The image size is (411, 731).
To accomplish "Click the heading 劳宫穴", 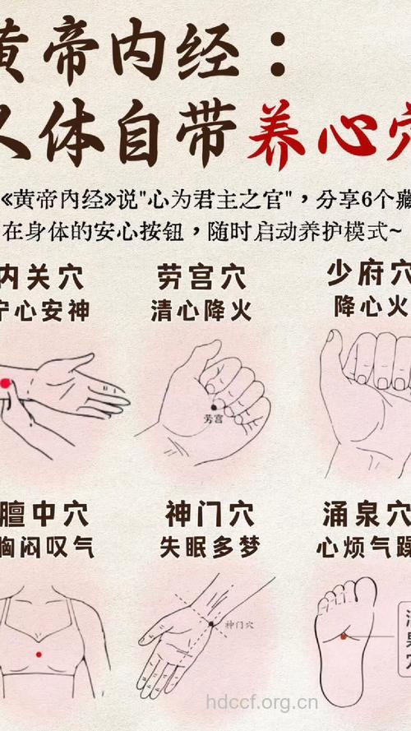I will coord(201,276).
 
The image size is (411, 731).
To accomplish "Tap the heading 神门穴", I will coord(201,516).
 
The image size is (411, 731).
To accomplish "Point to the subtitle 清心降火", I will coord(201,310).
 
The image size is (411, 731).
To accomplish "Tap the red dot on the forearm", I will coord(4,383).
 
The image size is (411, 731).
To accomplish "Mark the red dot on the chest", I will coord(39,653).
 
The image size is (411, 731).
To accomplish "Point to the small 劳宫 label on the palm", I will coord(213,419).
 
